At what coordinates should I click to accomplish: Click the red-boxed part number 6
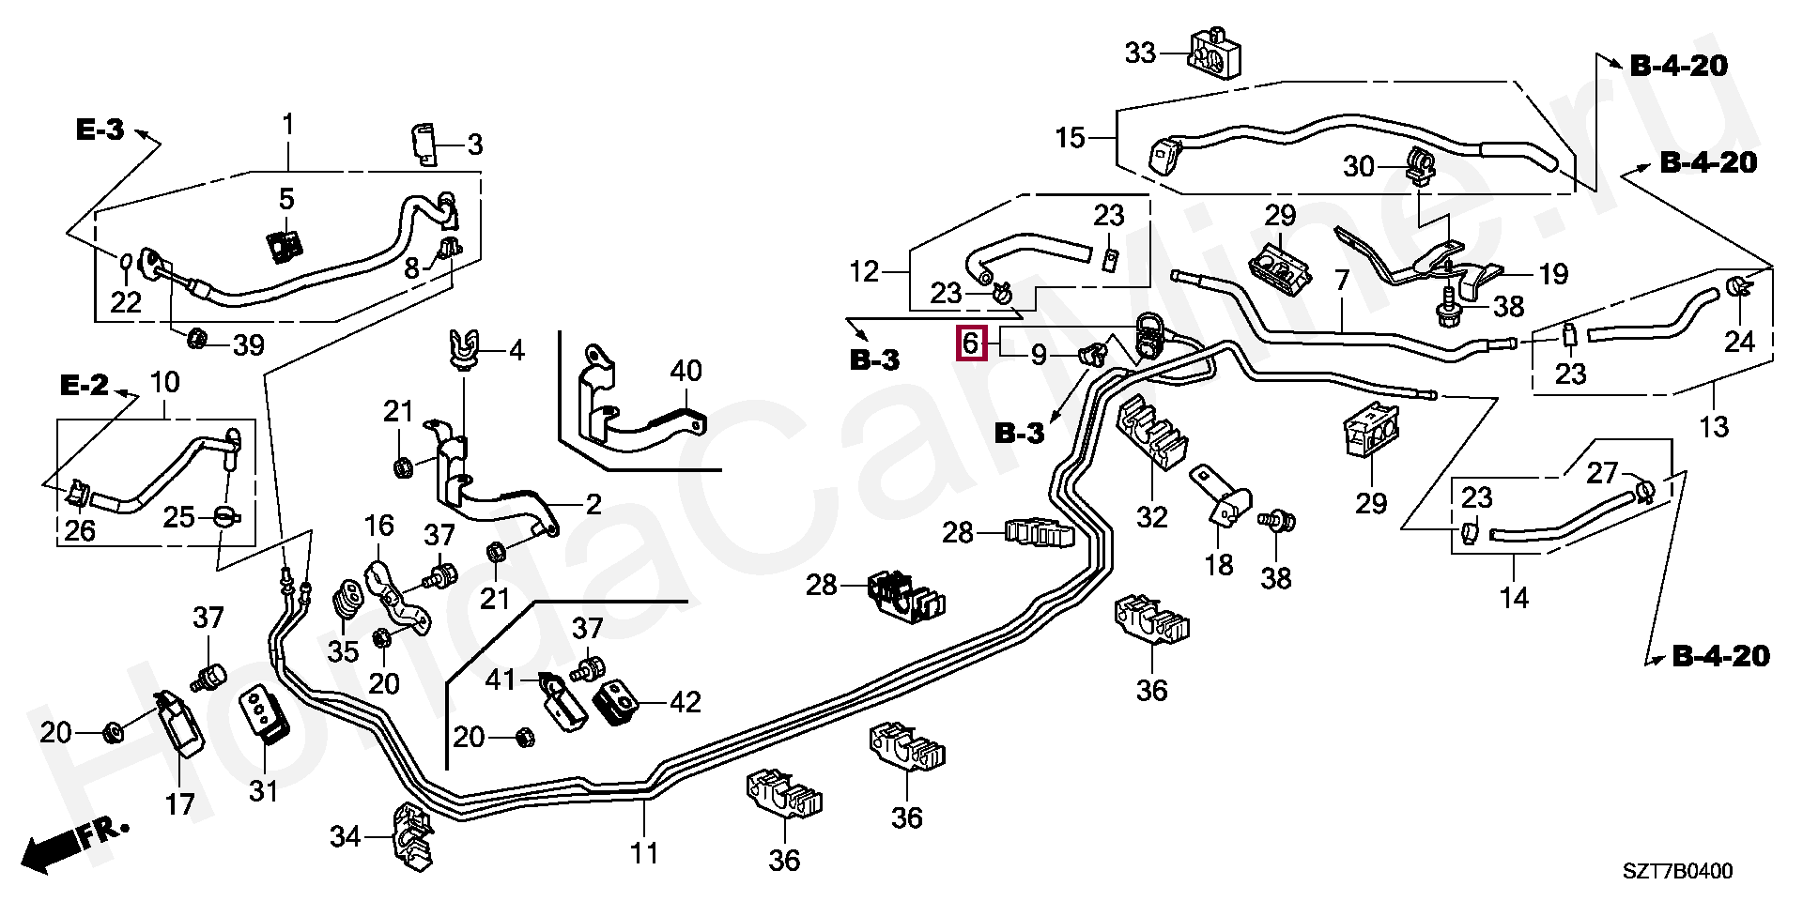tap(971, 343)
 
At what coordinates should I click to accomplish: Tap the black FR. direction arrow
tap(75, 847)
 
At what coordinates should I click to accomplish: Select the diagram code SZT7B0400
tap(1678, 871)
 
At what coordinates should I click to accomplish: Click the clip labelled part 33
tap(1215, 53)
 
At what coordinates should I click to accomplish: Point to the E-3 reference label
tap(100, 130)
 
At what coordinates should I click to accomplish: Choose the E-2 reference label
tap(85, 385)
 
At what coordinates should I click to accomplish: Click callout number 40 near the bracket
tap(686, 371)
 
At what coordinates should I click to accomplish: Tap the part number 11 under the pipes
tap(644, 853)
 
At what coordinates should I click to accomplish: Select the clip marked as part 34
tap(410, 832)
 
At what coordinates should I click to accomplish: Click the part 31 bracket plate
tap(266, 718)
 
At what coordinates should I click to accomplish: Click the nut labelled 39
tap(198, 338)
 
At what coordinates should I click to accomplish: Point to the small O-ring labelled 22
tap(127, 259)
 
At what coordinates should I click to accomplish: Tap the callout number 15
tap(1070, 139)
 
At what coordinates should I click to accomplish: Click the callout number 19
tap(1553, 274)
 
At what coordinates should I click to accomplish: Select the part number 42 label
tap(686, 702)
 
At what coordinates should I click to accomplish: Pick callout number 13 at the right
tap(1715, 427)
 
